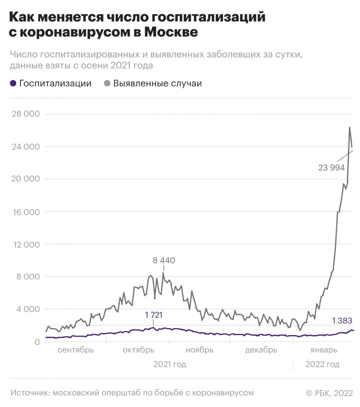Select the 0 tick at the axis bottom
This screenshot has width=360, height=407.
click(x=37, y=342)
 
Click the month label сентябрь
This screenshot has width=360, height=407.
click(x=76, y=350)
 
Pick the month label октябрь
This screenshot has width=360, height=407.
click(x=138, y=350)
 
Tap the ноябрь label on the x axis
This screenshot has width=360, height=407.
click(x=199, y=350)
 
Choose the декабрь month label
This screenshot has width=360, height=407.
click(x=261, y=350)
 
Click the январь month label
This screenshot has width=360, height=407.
click(x=323, y=350)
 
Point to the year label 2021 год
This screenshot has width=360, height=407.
click(x=170, y=364)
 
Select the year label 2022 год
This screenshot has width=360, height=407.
click(x=322, y=364)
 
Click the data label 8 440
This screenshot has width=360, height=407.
click(x=164, y=261)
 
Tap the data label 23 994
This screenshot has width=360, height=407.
click(x=331, y=168)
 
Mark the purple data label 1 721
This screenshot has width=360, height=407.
click(x=153, y=315)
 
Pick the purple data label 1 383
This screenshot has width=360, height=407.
click(x=342, y=321)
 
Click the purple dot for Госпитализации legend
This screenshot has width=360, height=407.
click(x=13, y=83)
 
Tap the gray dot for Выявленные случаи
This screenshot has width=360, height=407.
click(x=107, y=83)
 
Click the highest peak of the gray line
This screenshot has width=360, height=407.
click(x=349, y=128)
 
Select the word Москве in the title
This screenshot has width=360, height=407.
click(x=171, y=32)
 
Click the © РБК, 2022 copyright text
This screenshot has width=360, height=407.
click(x=329, y=393)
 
